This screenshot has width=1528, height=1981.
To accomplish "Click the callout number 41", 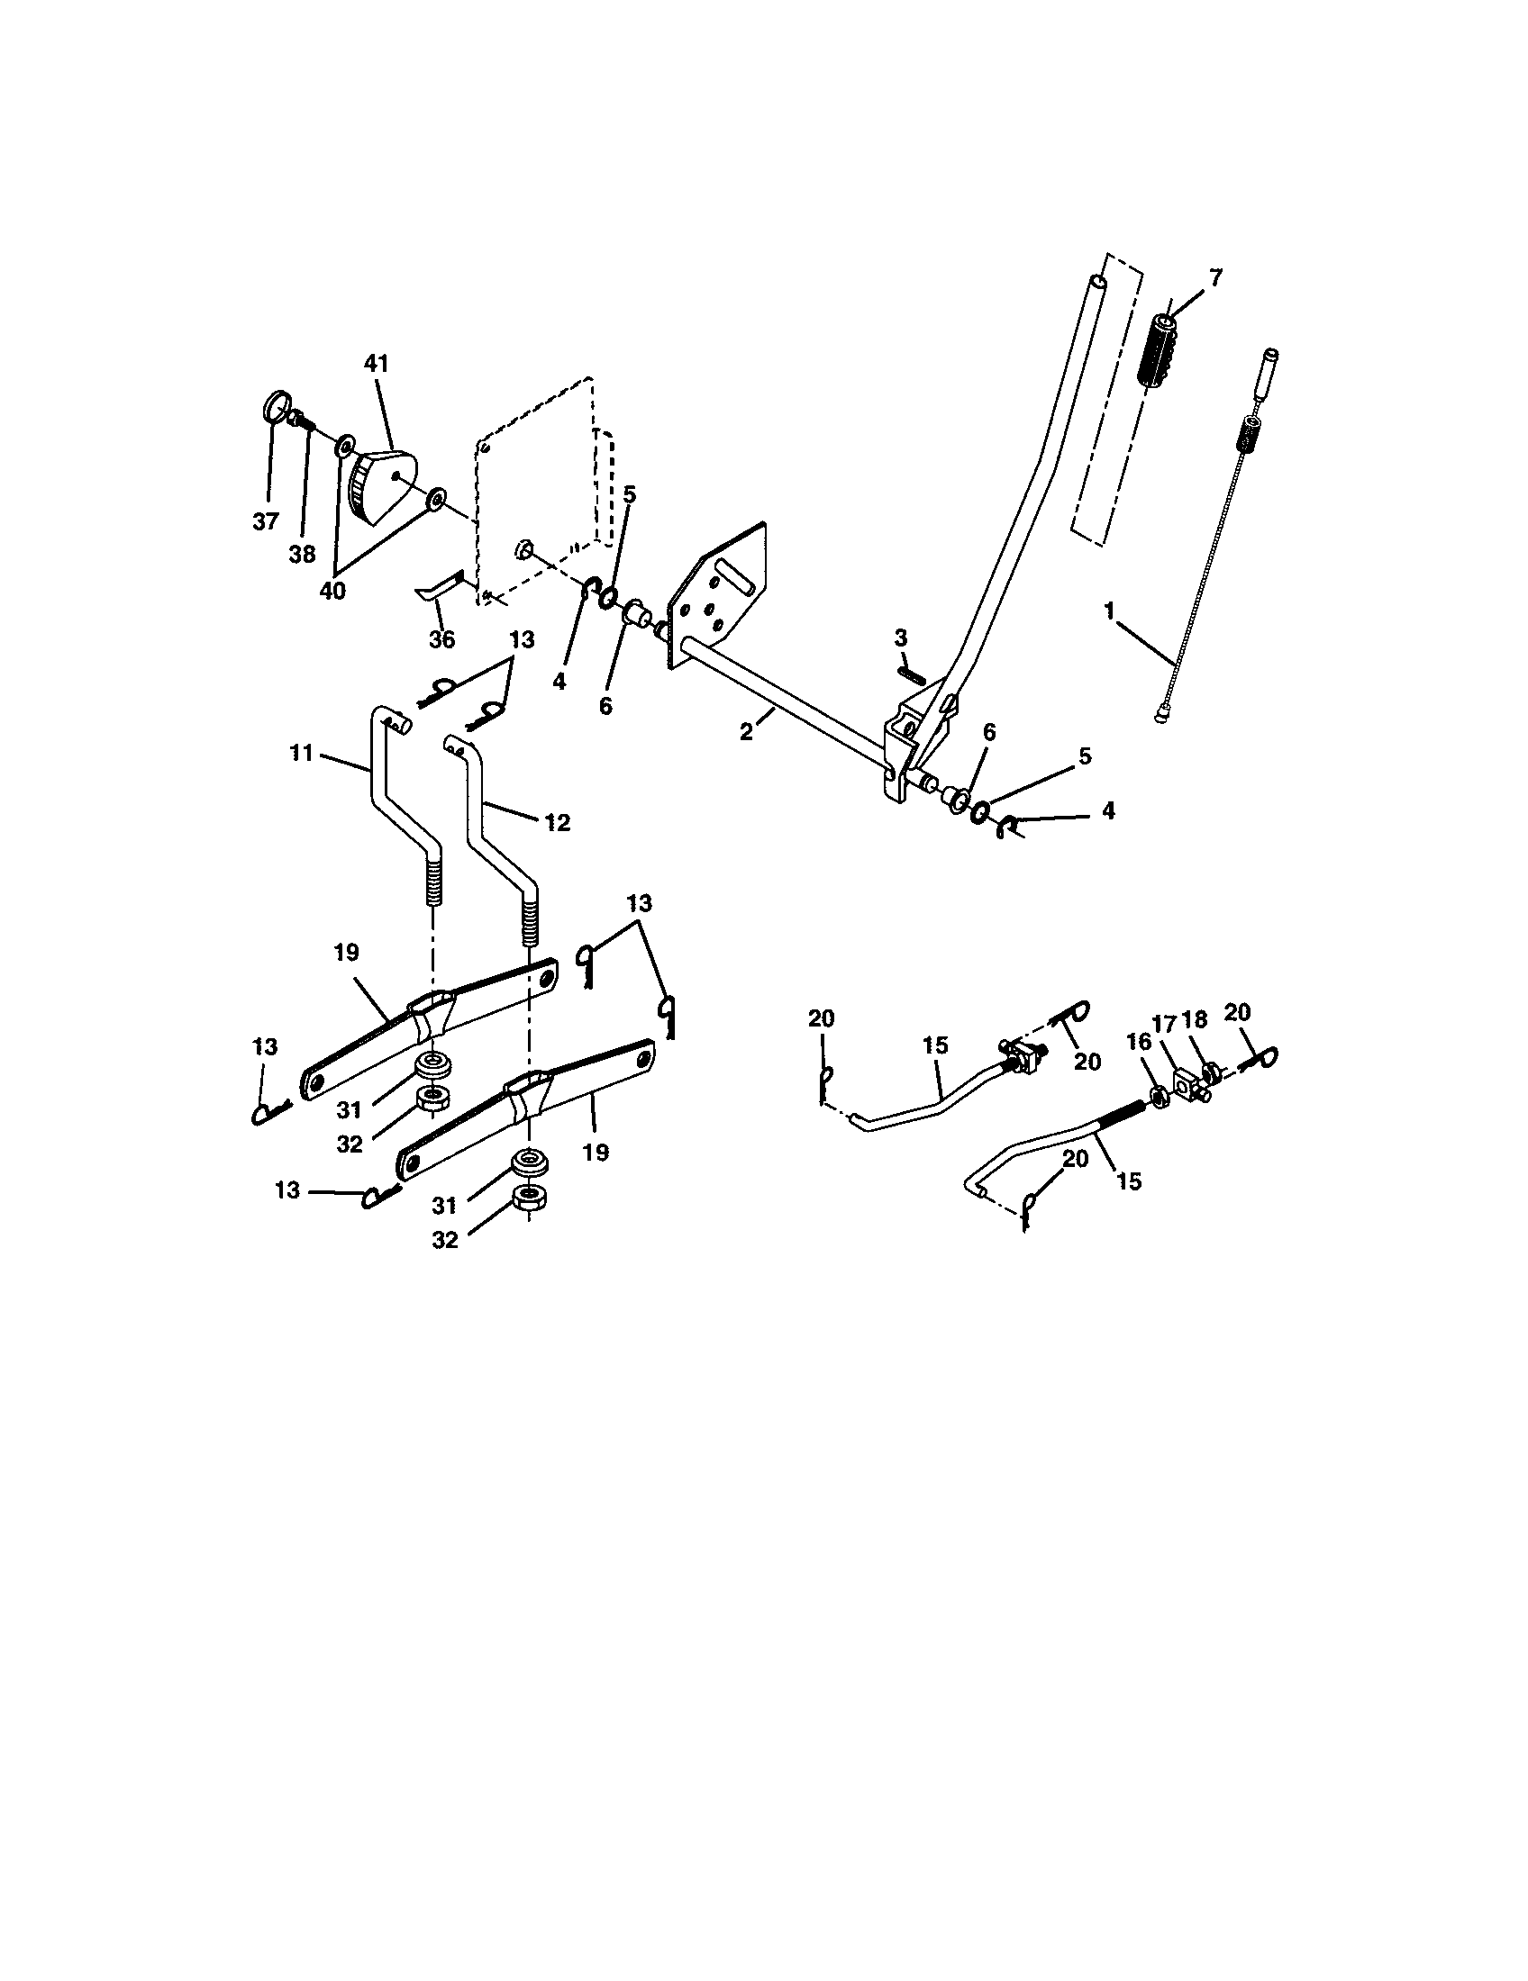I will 376,364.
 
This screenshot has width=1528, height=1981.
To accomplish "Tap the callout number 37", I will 265,521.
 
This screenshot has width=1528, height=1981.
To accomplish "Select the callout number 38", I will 302,554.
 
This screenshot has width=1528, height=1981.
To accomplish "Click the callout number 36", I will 441,639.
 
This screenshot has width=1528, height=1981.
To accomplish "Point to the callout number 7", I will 1216,277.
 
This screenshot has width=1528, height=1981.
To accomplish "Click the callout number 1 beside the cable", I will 1109,611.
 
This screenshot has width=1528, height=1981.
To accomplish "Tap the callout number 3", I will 900,638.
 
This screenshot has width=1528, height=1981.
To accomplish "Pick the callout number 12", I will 557,823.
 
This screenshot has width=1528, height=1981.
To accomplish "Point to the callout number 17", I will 1164,1024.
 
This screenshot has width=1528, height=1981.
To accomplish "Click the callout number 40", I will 332,591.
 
